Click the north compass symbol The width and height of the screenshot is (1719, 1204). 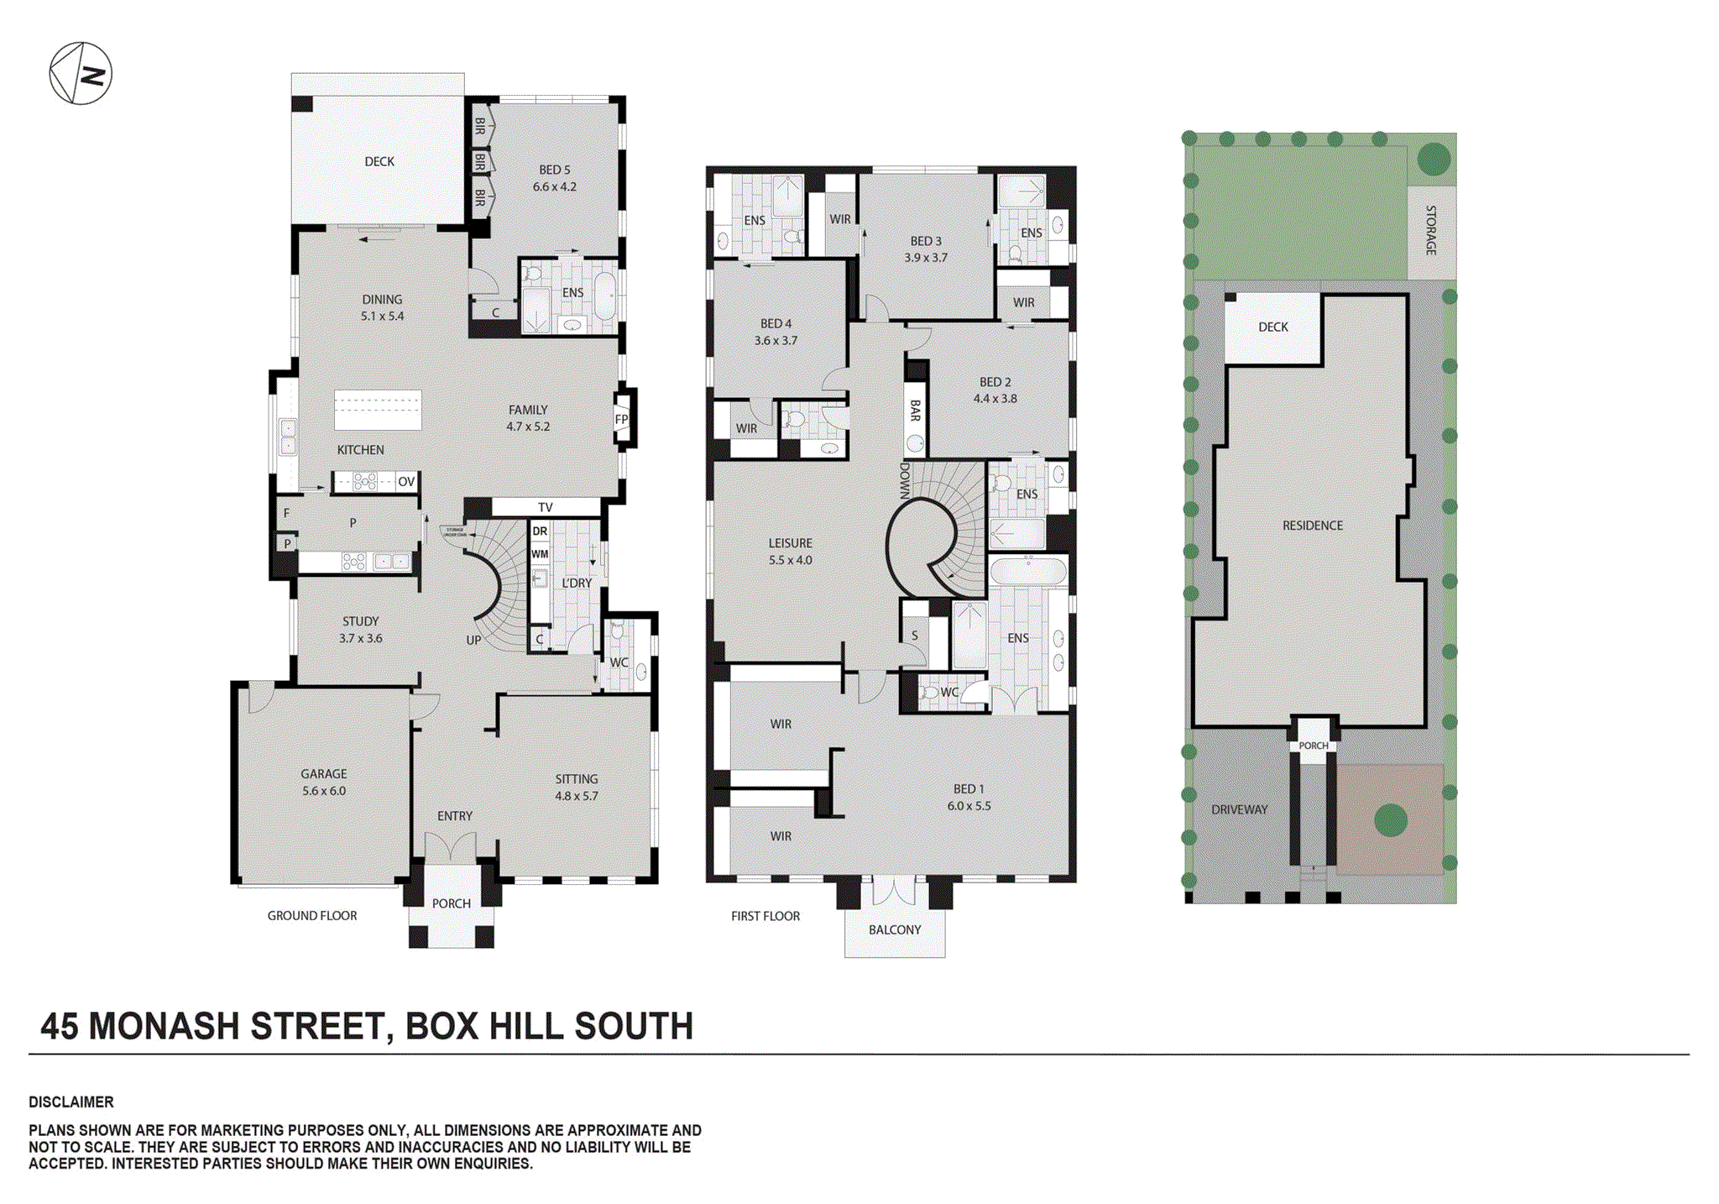81,74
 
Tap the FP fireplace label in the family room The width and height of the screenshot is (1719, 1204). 621,419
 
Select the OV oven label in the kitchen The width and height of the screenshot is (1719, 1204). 406,482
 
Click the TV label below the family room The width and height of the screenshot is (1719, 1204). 546,507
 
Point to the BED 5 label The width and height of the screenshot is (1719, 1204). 554,170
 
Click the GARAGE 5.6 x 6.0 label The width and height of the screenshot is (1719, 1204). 324,782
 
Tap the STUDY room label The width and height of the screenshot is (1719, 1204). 360,621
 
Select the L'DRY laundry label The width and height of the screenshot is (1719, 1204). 577,583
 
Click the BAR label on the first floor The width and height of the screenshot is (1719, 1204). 915,411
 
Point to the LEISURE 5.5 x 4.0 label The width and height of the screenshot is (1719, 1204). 790,551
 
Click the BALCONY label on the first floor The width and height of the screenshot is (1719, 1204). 895,929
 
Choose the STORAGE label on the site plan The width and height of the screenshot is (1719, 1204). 1431,230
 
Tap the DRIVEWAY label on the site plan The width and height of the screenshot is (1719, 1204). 1239,809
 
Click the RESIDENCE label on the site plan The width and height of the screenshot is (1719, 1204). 1312,526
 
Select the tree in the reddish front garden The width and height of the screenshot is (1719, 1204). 1390,820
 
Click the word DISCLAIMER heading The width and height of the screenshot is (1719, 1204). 71,1102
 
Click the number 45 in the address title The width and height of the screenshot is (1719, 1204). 60,1026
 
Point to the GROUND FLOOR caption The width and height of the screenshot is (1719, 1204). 312,915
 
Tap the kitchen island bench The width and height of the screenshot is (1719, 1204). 378,410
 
